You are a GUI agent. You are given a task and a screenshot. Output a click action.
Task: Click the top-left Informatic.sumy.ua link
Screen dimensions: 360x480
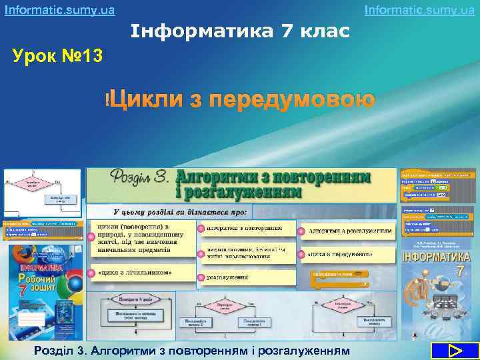point(59,10)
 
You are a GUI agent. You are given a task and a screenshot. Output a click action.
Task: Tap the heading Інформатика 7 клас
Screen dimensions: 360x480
point(241,32)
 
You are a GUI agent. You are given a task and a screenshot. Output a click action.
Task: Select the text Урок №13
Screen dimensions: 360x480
point(58,56)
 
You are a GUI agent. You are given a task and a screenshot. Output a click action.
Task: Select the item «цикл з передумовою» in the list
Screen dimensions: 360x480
point(340,255)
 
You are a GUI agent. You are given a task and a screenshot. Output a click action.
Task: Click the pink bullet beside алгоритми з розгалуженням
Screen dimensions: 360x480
point(302,231)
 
